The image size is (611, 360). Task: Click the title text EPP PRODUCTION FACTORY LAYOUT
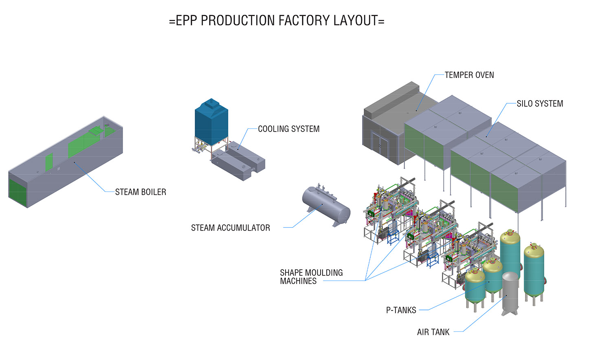(x=277, y=20)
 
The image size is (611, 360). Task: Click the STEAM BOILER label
(x=141, y=192)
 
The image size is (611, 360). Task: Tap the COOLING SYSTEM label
(x=288, y=129)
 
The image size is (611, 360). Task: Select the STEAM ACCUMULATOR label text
(x=231, y=228)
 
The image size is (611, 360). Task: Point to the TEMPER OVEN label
(x=469, y=75)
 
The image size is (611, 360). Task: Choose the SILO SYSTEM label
(x=540, y=104)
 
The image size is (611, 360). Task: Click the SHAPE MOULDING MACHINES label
(x=311, y=277)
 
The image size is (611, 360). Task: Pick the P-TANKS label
(x=401, y=310)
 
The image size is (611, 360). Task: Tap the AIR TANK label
(x=433, y=332)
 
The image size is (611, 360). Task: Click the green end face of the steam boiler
(x=18, y=191)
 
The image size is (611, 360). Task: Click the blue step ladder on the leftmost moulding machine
(x=393, y=237)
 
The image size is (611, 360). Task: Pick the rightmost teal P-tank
(x=534, y=271)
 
